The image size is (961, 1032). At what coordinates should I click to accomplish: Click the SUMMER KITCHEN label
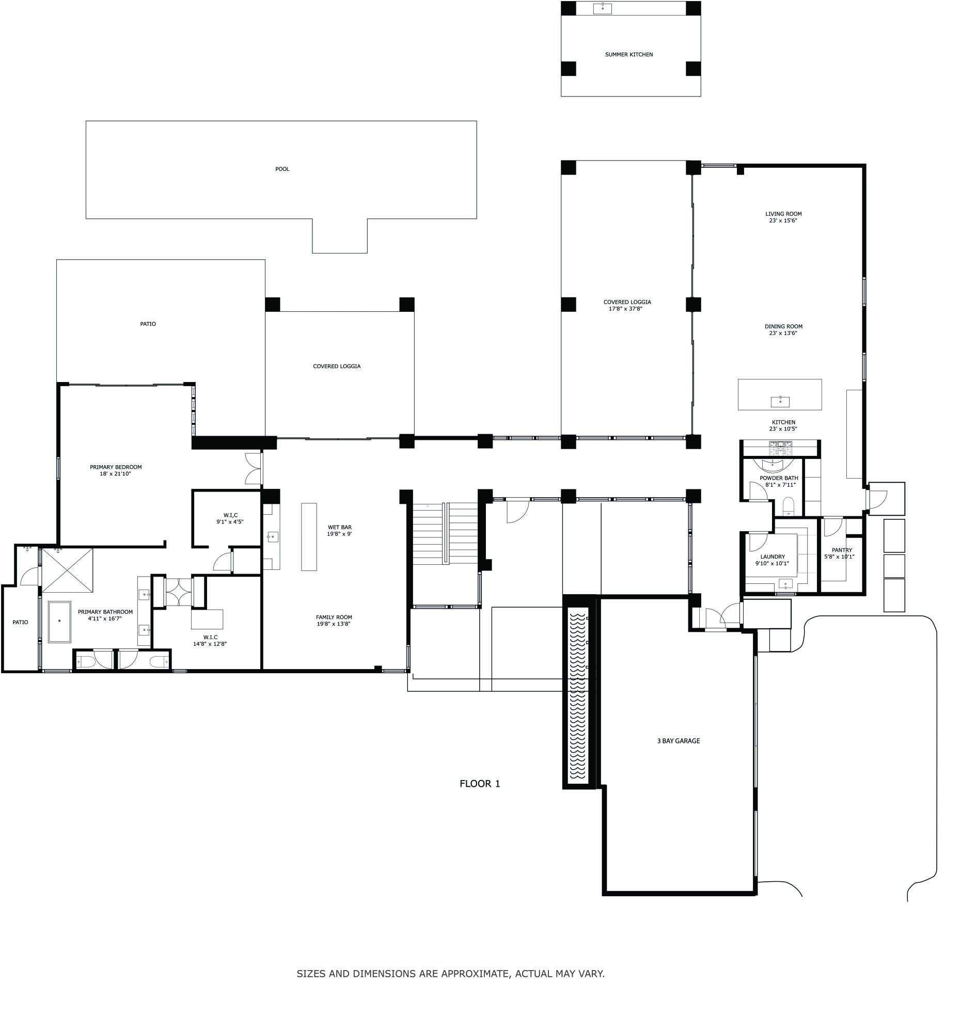pos(629,55)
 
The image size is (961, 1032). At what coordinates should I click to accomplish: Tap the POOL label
pos(282,169)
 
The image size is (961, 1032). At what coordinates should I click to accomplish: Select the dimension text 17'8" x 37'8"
pos(627,309)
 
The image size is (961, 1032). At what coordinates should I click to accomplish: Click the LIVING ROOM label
pos(783,214)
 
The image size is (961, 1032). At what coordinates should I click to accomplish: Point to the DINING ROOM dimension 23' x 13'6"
pos(783,334)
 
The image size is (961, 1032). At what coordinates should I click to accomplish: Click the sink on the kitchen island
pos(780,402)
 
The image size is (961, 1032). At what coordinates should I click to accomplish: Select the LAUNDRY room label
pos(772,557)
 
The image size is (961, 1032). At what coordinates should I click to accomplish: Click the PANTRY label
pos(841,550)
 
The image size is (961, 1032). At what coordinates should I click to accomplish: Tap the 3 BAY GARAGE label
pos(678,741)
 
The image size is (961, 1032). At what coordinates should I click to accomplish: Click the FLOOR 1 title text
pos(479,784)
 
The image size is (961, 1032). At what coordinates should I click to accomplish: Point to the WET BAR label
pos(340,528)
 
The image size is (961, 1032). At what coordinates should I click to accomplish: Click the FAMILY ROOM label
pos(334,617)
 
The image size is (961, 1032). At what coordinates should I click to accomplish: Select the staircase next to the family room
pos(445,532)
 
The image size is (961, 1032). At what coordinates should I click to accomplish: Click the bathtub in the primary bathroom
pos(60,622)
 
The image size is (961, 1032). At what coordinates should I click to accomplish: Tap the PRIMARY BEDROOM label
pos(115,467)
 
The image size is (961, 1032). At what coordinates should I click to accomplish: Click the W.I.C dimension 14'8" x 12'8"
pos(210,644)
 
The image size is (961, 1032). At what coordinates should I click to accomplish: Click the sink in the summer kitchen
pos(602,9)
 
